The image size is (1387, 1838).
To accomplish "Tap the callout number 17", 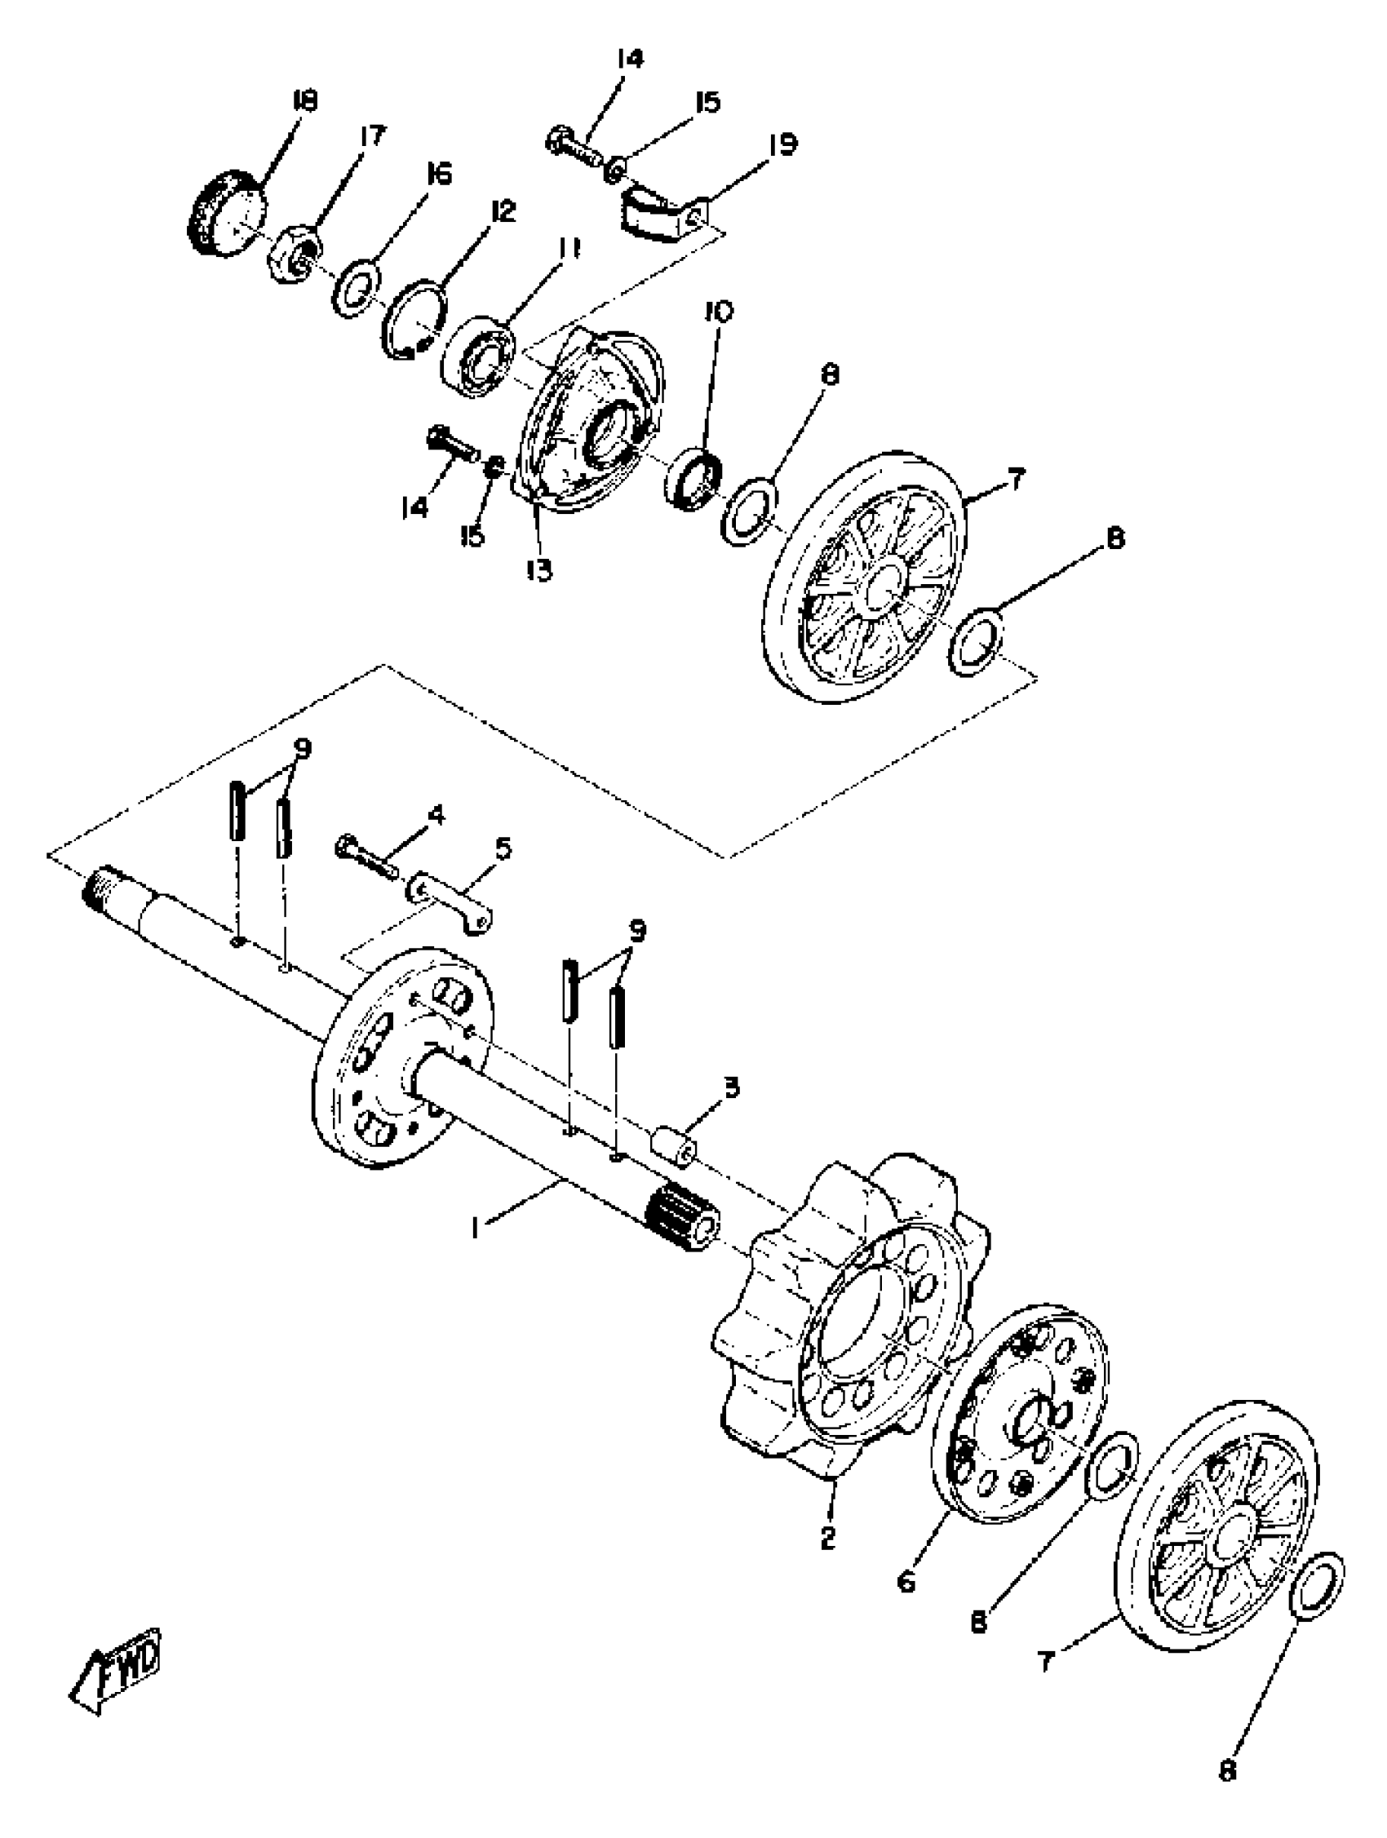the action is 373,135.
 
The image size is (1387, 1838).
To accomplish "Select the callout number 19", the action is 782,144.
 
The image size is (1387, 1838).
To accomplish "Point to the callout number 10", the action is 719,312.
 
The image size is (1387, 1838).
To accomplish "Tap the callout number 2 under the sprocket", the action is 826,1536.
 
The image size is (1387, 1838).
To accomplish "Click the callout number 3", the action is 730,1086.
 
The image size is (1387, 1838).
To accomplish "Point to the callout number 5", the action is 503,848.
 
